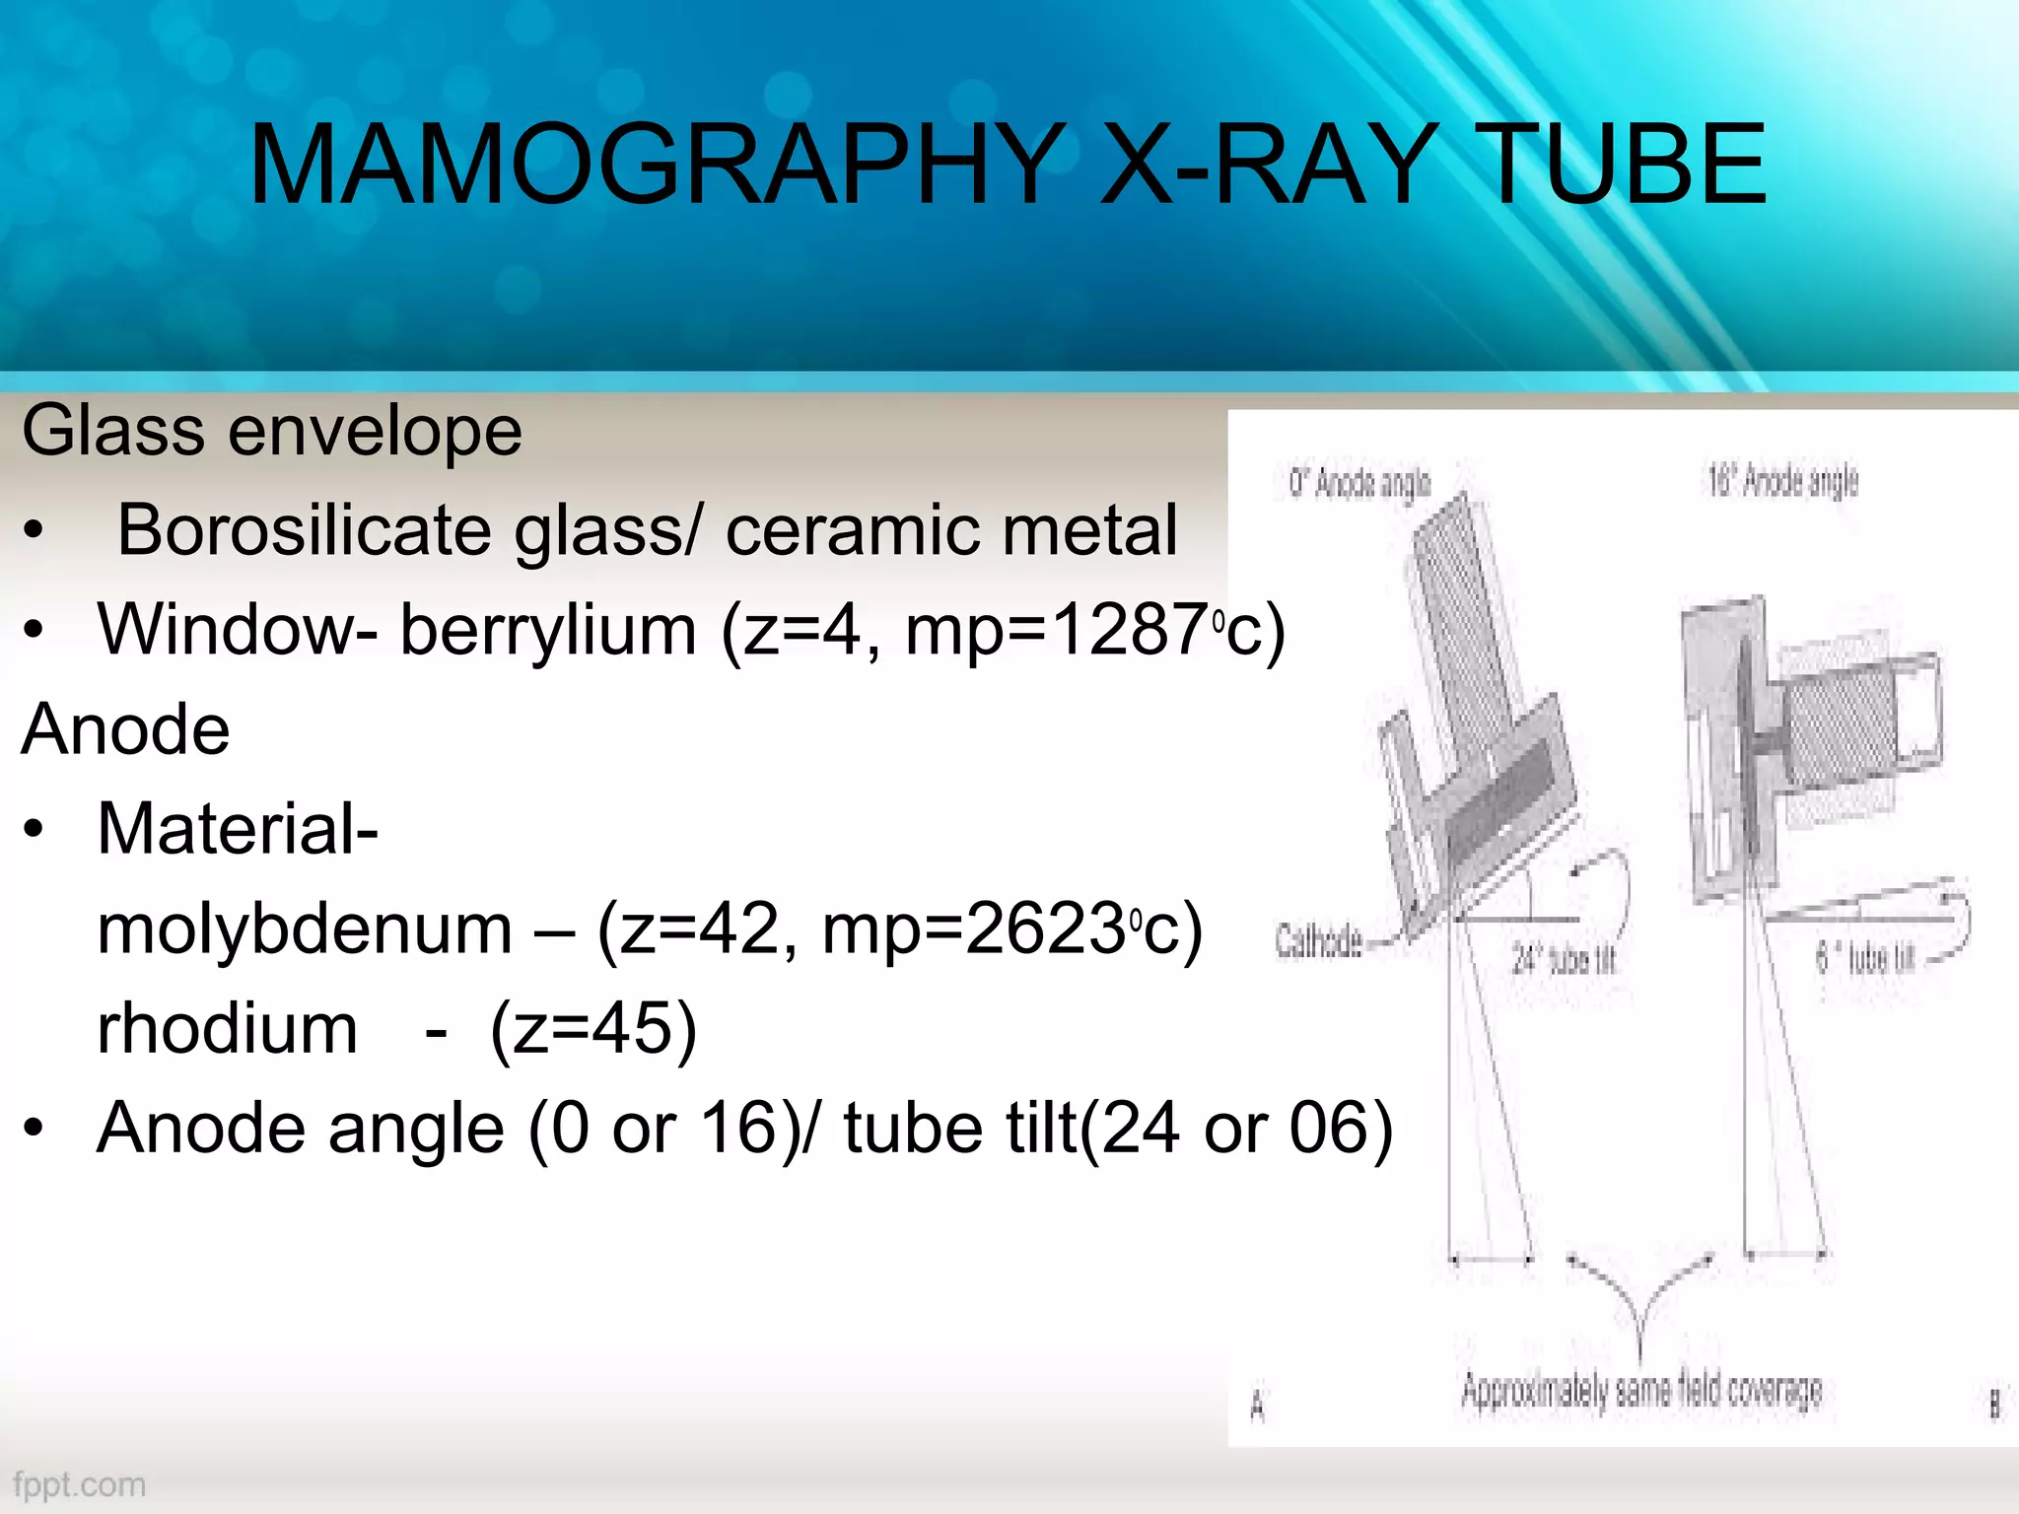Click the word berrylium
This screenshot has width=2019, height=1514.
[547, 630]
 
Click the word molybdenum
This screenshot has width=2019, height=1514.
[305, 929]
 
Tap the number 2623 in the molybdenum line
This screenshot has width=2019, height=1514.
[1045, 929]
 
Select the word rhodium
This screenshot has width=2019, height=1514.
[227, 1029]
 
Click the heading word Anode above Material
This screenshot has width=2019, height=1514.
[126, 729]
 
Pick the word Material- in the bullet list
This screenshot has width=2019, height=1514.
[238, 829]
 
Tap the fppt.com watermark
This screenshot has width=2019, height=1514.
[79, 1484]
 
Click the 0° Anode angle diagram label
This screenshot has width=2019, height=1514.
[1359, 483]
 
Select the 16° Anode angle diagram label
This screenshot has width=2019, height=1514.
[1783, 481]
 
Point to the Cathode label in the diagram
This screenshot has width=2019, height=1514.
[1318, 941]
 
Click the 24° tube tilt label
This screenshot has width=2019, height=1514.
[1565, 958]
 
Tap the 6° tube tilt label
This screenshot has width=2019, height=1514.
[1865, 957]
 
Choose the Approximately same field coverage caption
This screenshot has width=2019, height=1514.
[1641, 1391]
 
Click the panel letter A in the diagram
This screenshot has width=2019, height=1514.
[1257, 1405]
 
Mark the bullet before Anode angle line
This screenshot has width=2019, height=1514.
[35, 1129]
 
